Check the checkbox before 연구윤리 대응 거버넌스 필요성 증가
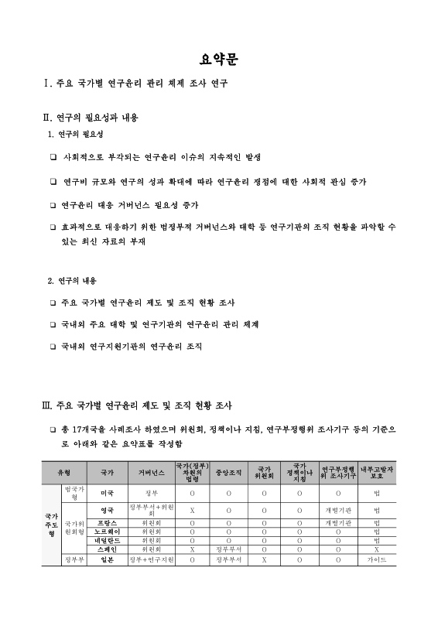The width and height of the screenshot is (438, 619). pos(53,206)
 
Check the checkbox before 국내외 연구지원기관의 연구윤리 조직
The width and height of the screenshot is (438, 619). pos(53,347)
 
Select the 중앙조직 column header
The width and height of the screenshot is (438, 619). pos(228,471)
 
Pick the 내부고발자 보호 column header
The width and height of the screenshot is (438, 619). pos(376,471)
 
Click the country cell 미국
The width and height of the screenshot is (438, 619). pos(108,491)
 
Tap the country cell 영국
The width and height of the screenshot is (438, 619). pos(108,510)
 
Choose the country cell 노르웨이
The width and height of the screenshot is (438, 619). pos(108,532)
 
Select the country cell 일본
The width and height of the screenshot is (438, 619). pos(108,558)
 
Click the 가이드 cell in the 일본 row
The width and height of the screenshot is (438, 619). pos(376,558)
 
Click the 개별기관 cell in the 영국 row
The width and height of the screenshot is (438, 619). pos(338,510)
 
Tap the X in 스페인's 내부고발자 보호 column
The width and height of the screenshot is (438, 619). pos(376,549)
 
